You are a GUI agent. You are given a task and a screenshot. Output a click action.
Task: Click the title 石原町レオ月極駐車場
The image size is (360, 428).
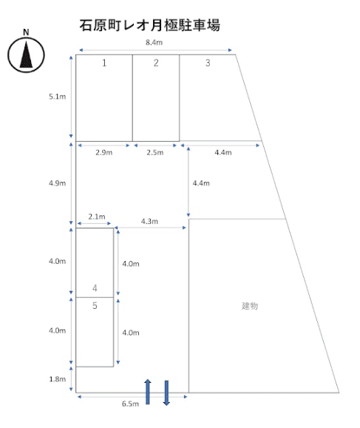(x=149, y=25)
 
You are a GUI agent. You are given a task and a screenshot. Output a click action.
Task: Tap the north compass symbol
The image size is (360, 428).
(x=26, y=55)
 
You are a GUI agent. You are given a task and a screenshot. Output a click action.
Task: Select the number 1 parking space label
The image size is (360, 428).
(x=104, y=63)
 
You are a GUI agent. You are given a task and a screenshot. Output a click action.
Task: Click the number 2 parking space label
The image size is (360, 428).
(x=156, y=63)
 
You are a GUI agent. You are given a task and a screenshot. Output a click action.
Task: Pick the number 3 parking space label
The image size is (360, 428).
(x=208, y=63)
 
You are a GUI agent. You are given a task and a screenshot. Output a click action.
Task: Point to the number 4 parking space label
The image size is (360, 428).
(x=95, y=288)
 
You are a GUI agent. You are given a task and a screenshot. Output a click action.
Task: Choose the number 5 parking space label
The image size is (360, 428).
(x=95, y=306)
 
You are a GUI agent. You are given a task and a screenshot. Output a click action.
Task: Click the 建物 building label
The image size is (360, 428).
(x=250, y=306)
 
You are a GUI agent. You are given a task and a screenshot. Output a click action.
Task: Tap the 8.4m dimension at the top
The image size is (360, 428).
(x=154, y=42)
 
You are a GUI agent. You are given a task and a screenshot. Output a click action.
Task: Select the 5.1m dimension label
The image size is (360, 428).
(x=58, y=96)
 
